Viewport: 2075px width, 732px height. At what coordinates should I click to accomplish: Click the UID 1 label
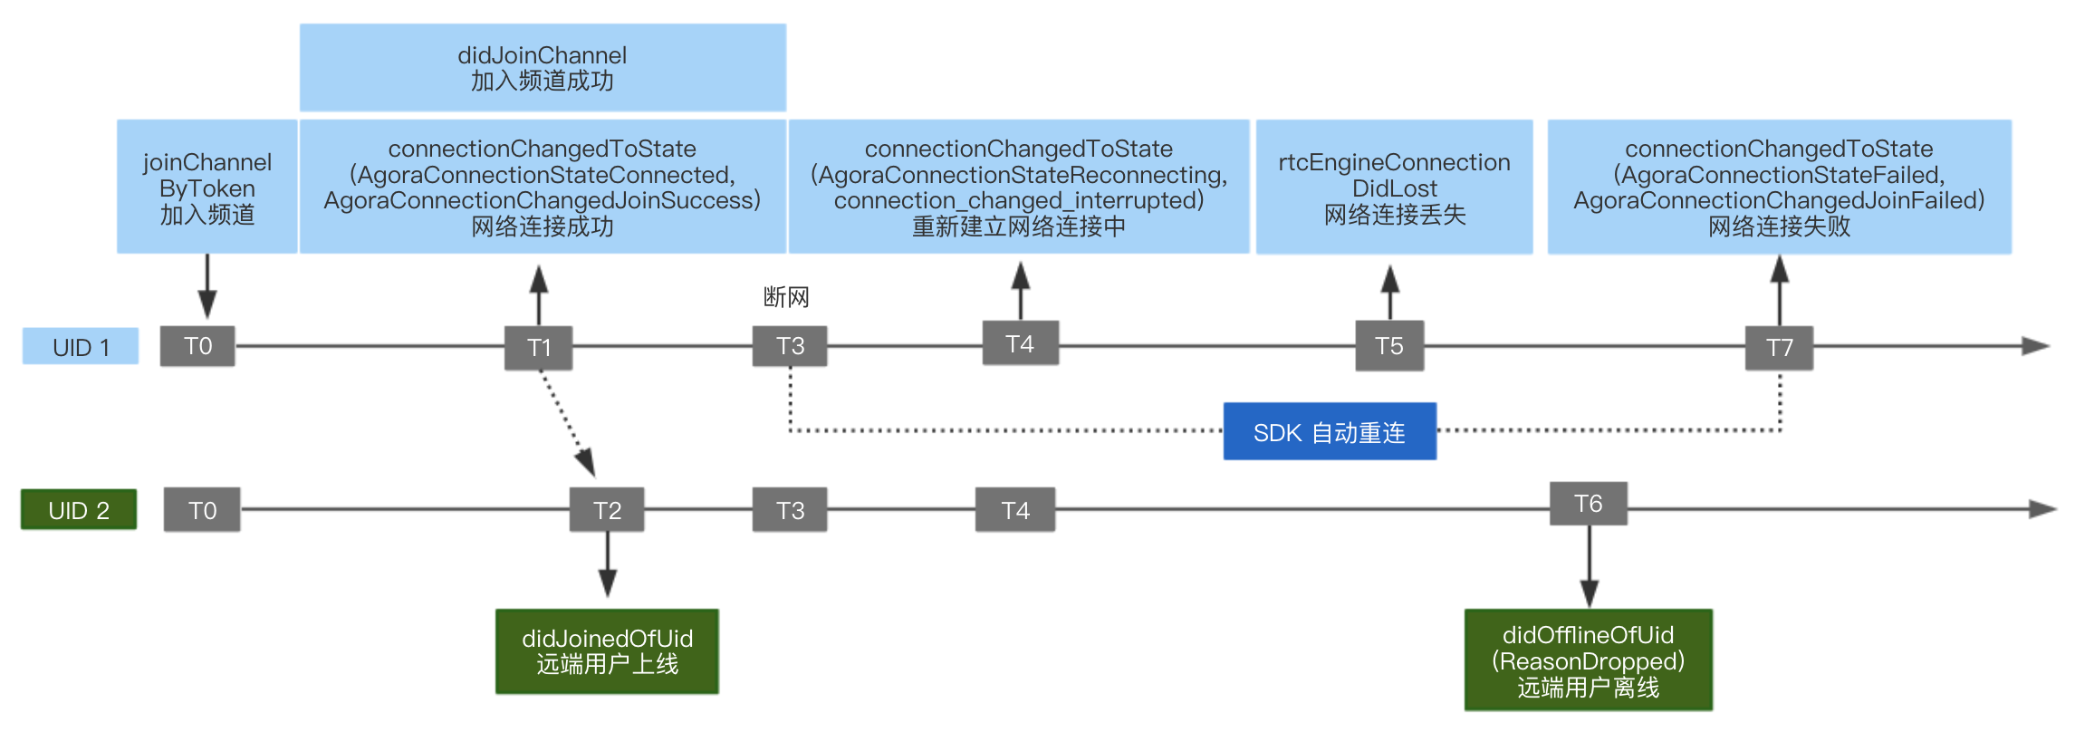tap(81, 346)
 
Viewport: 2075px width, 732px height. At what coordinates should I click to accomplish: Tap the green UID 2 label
tap(79, 509)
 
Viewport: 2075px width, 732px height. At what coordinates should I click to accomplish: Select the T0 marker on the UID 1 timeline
tap(197, 346)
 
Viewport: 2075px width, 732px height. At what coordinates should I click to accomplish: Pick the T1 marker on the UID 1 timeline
tap(539, 348)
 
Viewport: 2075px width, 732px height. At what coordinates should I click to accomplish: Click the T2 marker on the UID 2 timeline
tap(607, 510)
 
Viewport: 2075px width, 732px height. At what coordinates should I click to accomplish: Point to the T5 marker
tap(1389, 346)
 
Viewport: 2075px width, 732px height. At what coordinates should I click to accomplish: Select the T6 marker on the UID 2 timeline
tap(1589, 504)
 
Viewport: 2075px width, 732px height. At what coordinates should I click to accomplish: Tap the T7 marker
tap(1780, 348)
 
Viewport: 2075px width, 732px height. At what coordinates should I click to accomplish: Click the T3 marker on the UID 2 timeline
tap(790, 510)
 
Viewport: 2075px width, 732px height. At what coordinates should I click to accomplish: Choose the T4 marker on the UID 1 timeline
tap(1021, 343)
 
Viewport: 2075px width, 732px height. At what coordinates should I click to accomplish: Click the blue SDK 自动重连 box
tap(1330, 431)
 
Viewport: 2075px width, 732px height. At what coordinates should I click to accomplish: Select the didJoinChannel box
tap(543, 68)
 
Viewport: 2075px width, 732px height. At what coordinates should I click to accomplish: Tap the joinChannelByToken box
tap(207, 187)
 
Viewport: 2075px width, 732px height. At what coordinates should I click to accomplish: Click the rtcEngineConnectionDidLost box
tap(1395, 187)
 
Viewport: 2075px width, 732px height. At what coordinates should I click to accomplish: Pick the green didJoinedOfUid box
tap(607, 651)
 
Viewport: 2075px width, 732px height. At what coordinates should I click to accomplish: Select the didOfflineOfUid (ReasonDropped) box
tap(1589, 660)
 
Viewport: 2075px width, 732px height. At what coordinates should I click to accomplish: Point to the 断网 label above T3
tap(786, 297)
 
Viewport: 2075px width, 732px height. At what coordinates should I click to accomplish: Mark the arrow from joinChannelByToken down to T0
tap(207, 286)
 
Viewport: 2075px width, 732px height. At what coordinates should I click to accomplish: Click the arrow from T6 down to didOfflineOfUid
tap(1590, 567)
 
